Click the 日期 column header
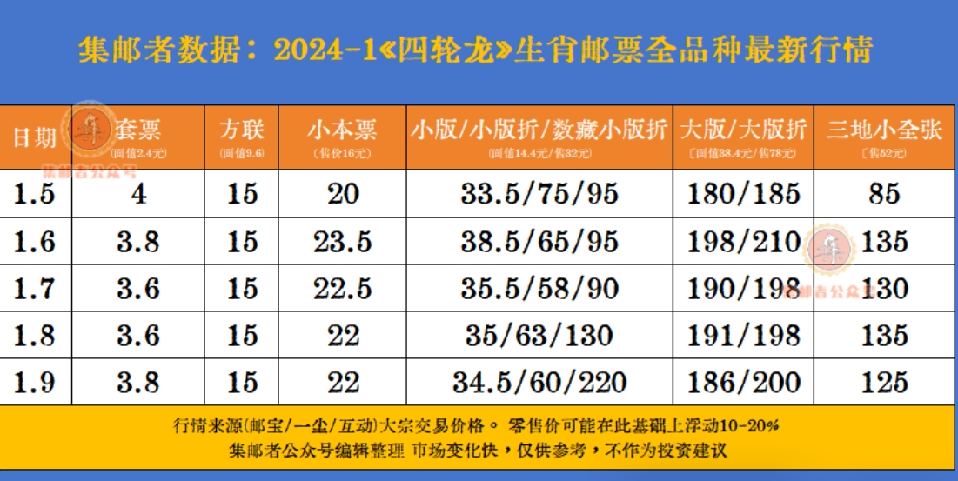pyautogui.click(x=35, y=137)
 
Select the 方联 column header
pyautogui.click(x=243, y=130)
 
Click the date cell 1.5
pyautogui.click(x=35, y=193)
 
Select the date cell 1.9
pyautogui.click(x=35, y=381)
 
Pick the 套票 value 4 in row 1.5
pyautogui.click(x=138, y=193)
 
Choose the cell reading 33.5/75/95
pyautogui.click(x=539, y=193)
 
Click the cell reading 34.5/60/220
pyautogui.click(x=539, y=381)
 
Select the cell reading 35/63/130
pyautogui.click(x=539, y=335)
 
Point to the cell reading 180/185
pyautogui.click(x=743, y=193)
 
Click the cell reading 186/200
pyautogui.click(x=743, y=381)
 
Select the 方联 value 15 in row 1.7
pyautogui.click(x=243, y=288)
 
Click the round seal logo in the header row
pyautogui.click(x=92, y=124)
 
